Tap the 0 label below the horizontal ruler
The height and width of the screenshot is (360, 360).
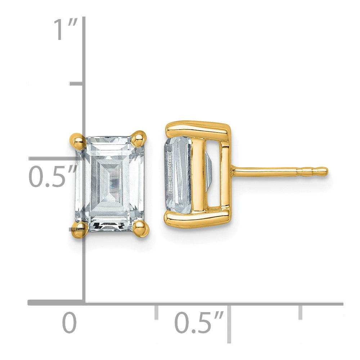click(x=69, y=323)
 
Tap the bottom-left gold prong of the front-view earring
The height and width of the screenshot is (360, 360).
click(x=79, y=229)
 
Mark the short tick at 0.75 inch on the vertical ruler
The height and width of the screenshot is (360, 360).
click(x=77, y=84)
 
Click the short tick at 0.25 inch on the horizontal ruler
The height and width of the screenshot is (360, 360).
click(x=156, y=312)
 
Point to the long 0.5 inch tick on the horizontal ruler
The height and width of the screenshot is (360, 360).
click(x=229, y=322)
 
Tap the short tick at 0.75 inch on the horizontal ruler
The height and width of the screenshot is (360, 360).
click(x=300, y=312)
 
